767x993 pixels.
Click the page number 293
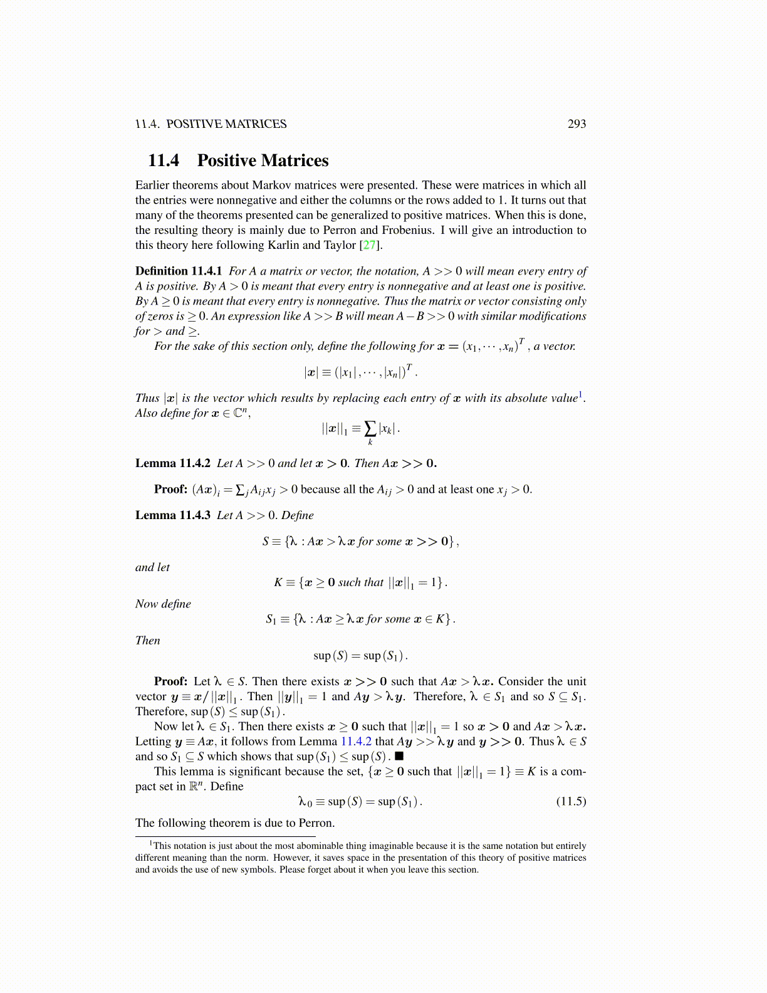[x=577, y=124]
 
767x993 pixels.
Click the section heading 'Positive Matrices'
[x=263, y=160]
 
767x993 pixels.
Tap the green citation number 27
[x=370, y=245]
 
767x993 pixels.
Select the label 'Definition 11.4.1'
[x=179, y=271]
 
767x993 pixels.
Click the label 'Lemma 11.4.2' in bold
[x=173, y=463]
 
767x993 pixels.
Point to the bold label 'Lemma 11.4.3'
[x=173, y=515]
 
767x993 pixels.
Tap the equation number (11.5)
[x=571, y=801]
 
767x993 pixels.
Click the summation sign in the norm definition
[x=370, y=429]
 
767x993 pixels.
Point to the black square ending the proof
[x=399, y=757]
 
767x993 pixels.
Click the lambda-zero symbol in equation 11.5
[x=305, y=802]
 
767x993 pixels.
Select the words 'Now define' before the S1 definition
[x=163, y=604]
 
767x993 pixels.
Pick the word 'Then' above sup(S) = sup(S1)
[x=148, y=641]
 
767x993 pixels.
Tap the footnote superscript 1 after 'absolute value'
[x=581, y=394]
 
